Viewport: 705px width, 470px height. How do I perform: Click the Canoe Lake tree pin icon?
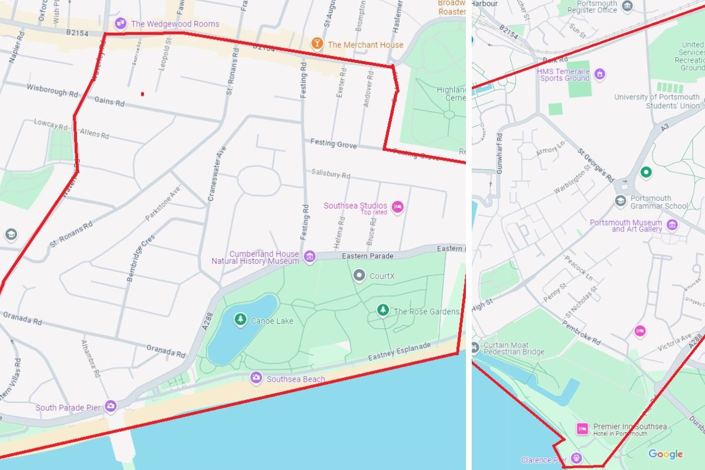coord(240,320)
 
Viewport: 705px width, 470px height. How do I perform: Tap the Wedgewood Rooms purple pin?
coord(120,23)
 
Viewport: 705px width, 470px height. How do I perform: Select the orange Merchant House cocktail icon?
coord(317,44)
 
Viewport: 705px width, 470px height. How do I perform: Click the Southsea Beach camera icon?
coord(256,378)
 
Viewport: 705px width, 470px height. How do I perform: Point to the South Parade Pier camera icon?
coord(110,406)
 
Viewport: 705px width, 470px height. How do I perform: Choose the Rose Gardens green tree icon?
coord(383,310)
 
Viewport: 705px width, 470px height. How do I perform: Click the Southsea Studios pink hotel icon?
coord(398,207)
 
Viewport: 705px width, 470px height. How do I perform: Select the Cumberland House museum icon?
coord(310,256)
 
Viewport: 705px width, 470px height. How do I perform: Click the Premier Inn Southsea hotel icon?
coord(582,429)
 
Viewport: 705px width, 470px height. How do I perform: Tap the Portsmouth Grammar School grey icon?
coord(620,202)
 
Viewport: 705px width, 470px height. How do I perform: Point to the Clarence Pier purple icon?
coord(577,458)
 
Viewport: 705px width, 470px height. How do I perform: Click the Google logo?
coord(666,454)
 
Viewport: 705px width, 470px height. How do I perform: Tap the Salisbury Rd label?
coord(331,174)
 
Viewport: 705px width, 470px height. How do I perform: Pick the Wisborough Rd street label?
coord(52,90)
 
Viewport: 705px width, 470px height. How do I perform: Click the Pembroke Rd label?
coord(581,332)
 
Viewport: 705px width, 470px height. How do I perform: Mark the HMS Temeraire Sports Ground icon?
coord(599,73)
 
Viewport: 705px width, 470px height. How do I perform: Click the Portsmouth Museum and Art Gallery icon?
coord(672,224)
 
